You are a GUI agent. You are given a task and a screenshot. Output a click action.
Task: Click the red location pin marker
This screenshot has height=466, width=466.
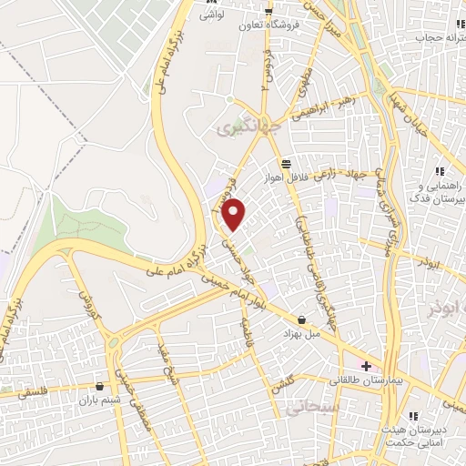coord(235,214)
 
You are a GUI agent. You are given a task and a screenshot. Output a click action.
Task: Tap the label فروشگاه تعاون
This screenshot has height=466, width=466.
coord(250,25)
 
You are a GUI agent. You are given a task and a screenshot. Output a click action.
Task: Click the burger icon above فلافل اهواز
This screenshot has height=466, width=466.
coord(288,163)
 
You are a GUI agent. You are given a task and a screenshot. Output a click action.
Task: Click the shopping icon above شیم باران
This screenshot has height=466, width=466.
coord(99,387)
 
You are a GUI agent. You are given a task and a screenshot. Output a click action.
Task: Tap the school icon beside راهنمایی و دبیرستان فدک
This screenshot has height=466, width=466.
coord(439,171)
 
